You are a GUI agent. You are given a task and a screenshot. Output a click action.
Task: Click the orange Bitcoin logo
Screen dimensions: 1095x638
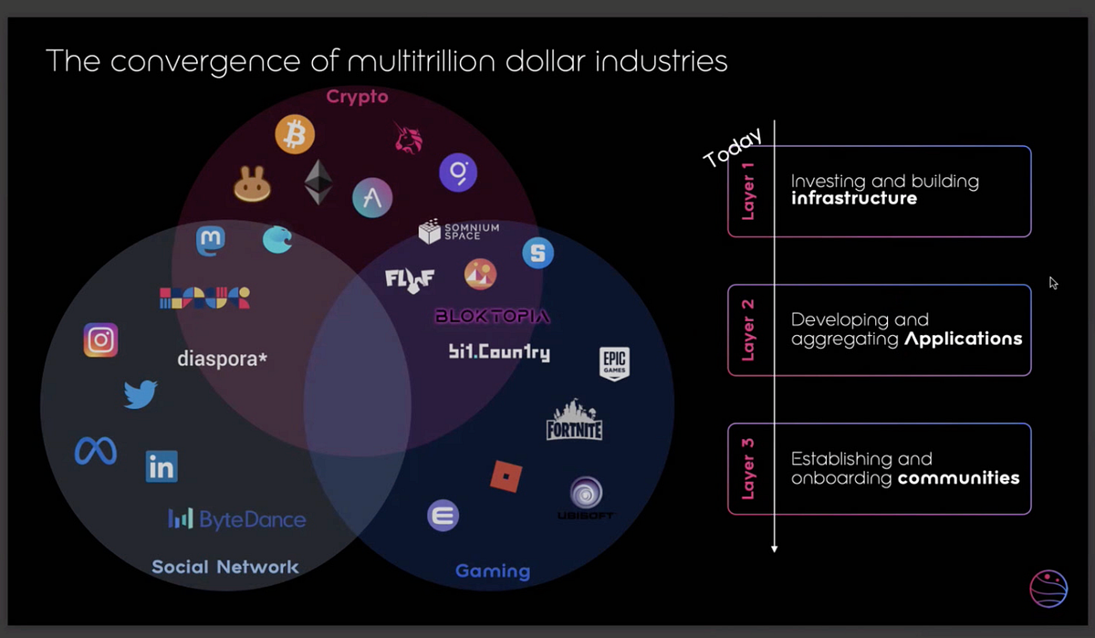294,134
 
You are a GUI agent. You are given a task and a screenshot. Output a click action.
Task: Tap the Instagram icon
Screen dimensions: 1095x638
100,340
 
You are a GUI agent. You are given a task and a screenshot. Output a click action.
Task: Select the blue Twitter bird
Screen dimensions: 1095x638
141,393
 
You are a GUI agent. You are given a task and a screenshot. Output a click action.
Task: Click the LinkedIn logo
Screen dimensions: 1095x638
162,466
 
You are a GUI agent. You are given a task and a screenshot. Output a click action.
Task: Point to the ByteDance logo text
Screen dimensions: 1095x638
236,519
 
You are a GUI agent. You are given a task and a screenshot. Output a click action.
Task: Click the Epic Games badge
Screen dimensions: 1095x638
614,364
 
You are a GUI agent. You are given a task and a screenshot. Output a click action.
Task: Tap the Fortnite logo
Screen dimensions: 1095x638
574,420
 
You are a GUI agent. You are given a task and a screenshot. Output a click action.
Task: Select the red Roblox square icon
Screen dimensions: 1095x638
506,476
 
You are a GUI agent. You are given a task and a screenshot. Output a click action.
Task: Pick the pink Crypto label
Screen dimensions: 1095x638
358,97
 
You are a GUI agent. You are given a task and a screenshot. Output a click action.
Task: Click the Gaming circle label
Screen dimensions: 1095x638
493,571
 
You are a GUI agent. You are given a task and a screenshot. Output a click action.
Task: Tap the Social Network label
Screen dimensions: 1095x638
224,567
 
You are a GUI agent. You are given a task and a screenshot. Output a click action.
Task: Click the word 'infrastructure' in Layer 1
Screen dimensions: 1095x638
854,198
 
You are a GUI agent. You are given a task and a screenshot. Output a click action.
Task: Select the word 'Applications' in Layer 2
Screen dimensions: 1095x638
963,339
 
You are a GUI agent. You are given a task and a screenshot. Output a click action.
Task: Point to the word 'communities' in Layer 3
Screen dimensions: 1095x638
959,477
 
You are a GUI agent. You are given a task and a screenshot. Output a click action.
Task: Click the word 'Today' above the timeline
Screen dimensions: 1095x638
732,147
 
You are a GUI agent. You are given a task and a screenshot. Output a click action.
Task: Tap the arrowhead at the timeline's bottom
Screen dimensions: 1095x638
775,549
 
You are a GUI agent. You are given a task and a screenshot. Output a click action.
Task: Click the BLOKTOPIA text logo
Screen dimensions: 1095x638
493,317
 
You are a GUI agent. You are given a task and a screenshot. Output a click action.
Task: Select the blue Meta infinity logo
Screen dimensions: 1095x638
95,450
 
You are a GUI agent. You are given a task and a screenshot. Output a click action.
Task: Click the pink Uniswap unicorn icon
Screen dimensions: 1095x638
408,138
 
